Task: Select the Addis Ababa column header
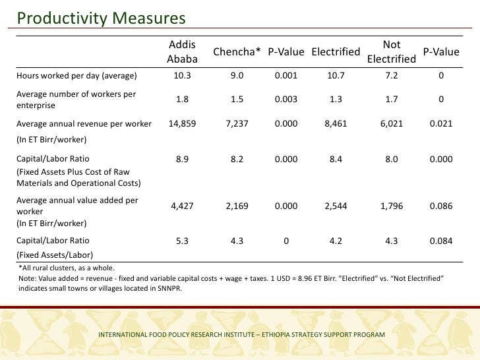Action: [x=182, y=52]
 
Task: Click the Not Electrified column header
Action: [x=392, y=52]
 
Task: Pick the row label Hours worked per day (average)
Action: [x=76, y=75]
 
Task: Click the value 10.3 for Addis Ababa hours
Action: [x=182, y=75]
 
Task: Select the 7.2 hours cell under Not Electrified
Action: [x=392, y=75]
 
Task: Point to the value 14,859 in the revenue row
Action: [x=182, y=123]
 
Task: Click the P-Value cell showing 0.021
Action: [x=440, y=123]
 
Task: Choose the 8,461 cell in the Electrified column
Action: [x=336, y=123]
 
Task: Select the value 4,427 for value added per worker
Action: [x=182, y=206]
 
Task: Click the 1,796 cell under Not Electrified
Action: [x=392, y=206]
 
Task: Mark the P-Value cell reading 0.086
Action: [x=440, y=206]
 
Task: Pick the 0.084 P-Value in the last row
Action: [x=440, y=241]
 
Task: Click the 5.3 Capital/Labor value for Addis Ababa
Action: [x=182, y=241]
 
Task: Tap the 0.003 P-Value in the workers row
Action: [x=285, y=100]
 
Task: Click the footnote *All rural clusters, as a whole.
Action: [x=67, y=268]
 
